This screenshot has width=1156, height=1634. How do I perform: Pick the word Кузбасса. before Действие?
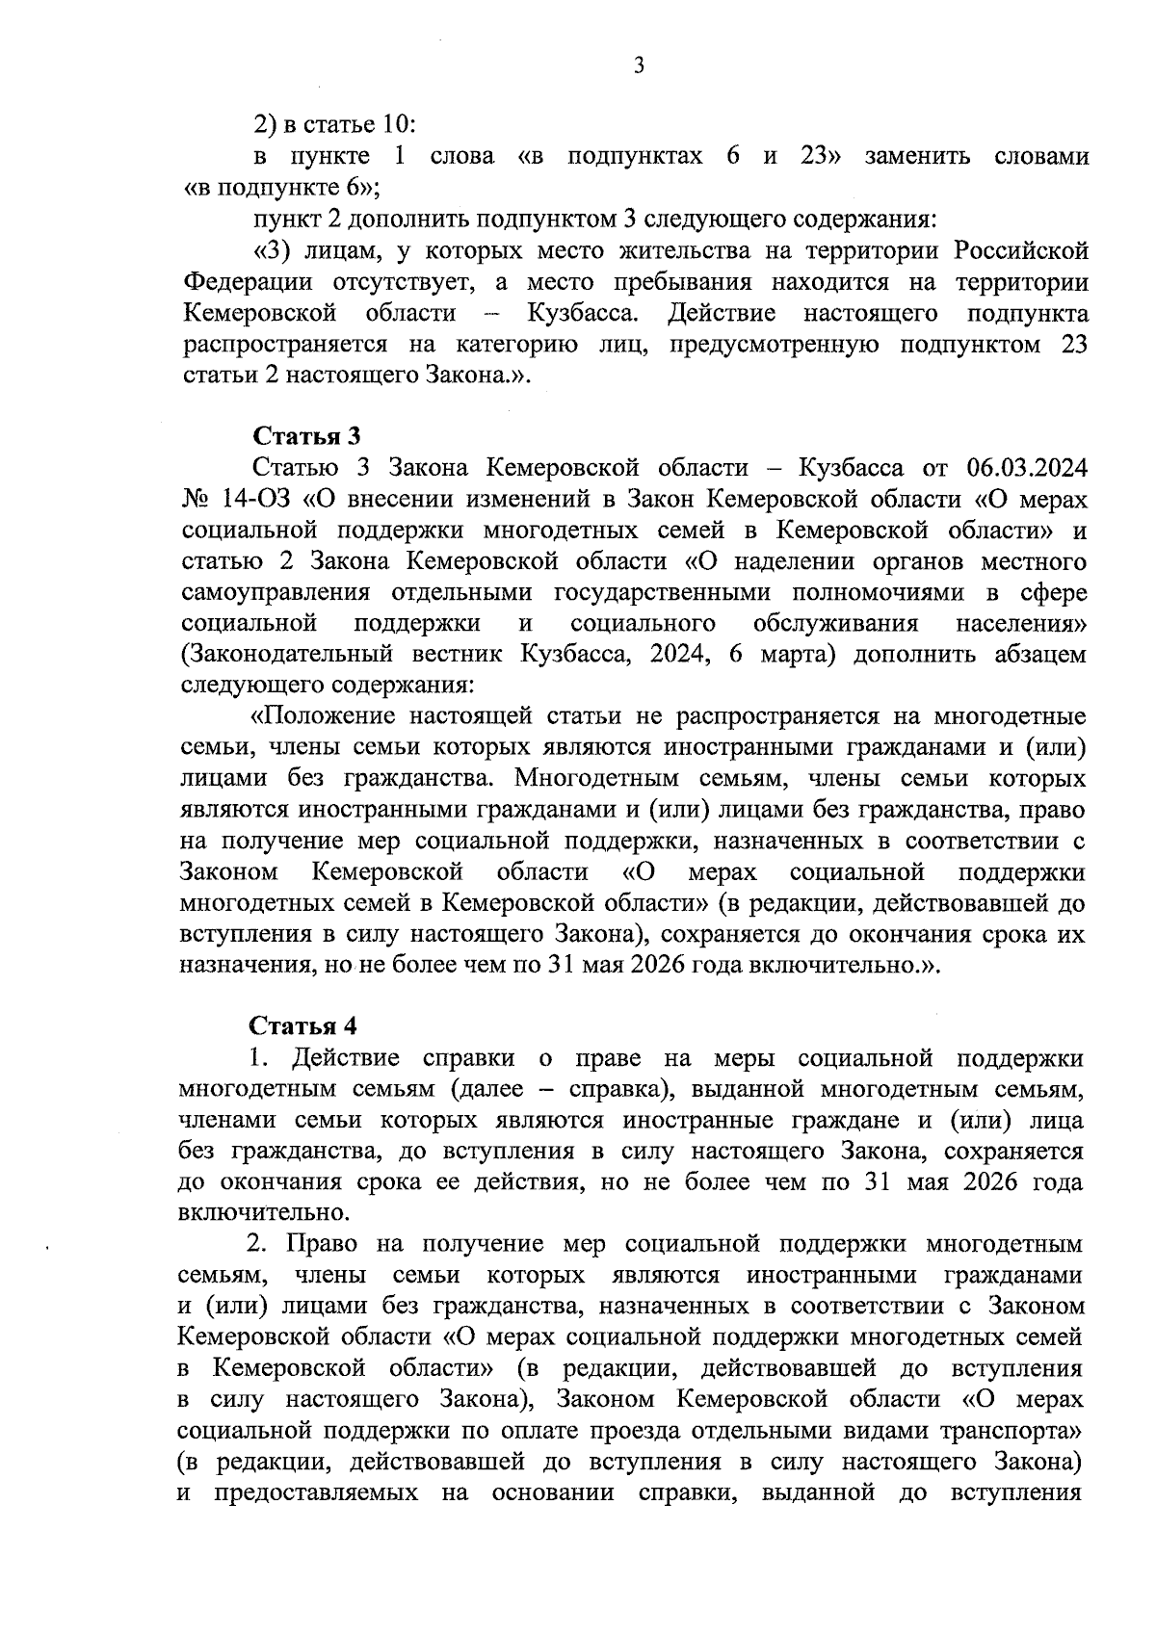pos(583,314)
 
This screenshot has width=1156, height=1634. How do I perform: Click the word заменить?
pos(911,156)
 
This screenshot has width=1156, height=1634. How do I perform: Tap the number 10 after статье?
pos(400,125)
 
